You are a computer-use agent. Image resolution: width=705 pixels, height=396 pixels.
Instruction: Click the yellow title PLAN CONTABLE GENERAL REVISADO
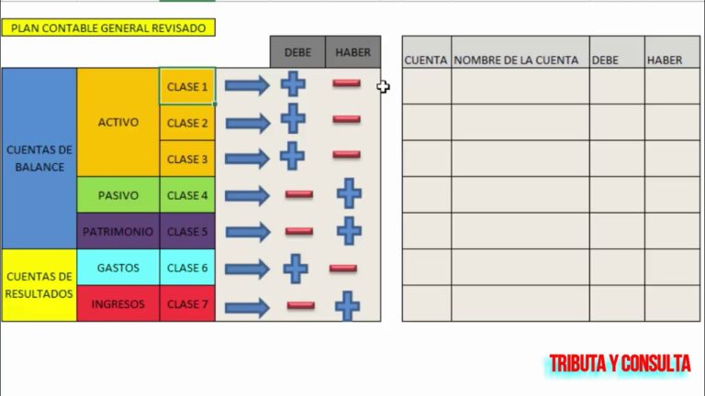click(x=109, y=27)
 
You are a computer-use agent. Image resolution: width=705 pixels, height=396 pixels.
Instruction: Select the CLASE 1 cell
click(x=187, y=87)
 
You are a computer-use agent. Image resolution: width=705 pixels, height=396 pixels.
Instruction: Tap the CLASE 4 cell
click(x=187, y=195)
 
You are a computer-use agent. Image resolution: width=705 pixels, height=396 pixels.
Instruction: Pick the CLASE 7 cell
click(x=187, y=304)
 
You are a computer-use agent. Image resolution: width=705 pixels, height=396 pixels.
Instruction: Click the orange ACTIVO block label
click(x=117, y=122)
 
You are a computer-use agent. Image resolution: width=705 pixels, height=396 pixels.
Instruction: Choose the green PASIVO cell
click(x=117, y=195)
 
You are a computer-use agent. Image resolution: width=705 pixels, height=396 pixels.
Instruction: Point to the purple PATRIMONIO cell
click(x=117, y=232)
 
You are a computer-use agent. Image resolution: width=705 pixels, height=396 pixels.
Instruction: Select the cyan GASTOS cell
click(x=117, y=268)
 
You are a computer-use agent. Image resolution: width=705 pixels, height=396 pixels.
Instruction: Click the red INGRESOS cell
click(x=117, y=304)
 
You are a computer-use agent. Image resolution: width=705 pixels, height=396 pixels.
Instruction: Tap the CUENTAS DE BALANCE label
click(x=39, y=159)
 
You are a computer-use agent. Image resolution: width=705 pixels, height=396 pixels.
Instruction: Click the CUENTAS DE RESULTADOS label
click(x=39, y=285)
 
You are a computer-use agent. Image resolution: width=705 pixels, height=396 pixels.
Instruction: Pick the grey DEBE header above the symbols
click(x=297, y=52)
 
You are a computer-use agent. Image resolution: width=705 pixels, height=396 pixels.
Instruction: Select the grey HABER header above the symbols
click(x=352, y=52)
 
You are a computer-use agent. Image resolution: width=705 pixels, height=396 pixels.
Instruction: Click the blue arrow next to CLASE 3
click(x=247, y=158)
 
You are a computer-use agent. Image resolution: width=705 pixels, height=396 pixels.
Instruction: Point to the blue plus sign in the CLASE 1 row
click(x=293, y=84)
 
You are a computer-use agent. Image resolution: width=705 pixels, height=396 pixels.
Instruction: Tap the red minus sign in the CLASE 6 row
click(x=343, y=269)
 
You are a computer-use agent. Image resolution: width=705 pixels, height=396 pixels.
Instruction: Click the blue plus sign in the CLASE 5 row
click(x=349, y=231)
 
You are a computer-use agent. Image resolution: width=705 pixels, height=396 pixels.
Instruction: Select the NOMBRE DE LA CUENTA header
click(x=517, y=60)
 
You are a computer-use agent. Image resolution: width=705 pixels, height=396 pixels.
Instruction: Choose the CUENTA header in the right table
click(x=426, y=60)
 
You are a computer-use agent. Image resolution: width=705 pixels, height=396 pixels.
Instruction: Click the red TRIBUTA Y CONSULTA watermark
click(x=620, y=365)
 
